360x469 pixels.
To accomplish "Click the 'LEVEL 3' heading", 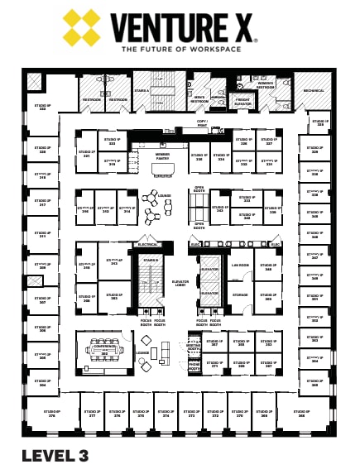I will [x=55, y=453].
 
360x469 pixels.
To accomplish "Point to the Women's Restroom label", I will [x=265, y=84].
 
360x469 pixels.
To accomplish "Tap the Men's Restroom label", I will [x=199, y=99].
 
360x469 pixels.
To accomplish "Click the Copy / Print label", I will [x=202, y=124].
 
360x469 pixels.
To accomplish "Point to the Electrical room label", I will [x=147, y=245].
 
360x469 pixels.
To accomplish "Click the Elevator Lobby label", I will [x=180, y=284].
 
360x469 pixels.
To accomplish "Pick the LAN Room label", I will [x=240, y=266].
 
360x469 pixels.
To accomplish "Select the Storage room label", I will [x=240, y=294].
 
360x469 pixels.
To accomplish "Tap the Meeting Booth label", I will [x=194, y=348].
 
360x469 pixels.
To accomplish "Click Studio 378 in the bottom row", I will [x=51, y=413].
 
